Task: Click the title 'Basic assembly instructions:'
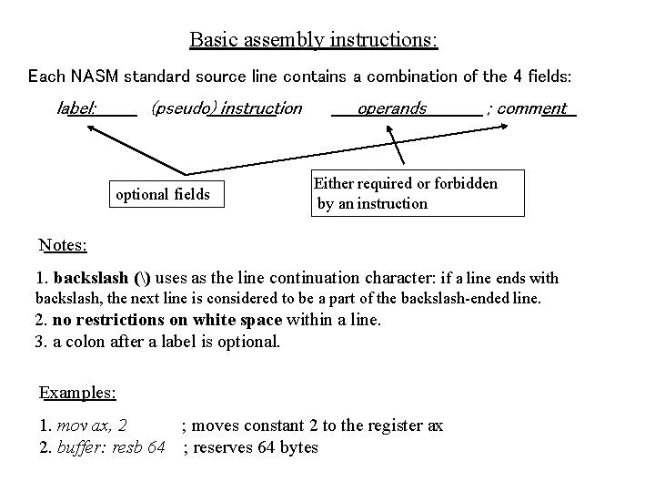(x=314, y=41)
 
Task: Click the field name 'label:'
(x=77, y=108)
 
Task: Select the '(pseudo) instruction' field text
(x=227, y=108)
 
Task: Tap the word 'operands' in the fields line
(x=392, y=108)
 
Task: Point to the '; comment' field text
(x=531, y=108)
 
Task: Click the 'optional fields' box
(x=164, y=194)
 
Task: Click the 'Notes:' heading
(x=64, y=245)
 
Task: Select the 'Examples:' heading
(x=78, y=393)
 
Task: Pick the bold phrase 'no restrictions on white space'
(x=168, y=320)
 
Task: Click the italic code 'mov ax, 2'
(x=91, y=425)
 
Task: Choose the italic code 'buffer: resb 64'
(x=111, y=447)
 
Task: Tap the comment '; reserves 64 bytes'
(x=251, y=447)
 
